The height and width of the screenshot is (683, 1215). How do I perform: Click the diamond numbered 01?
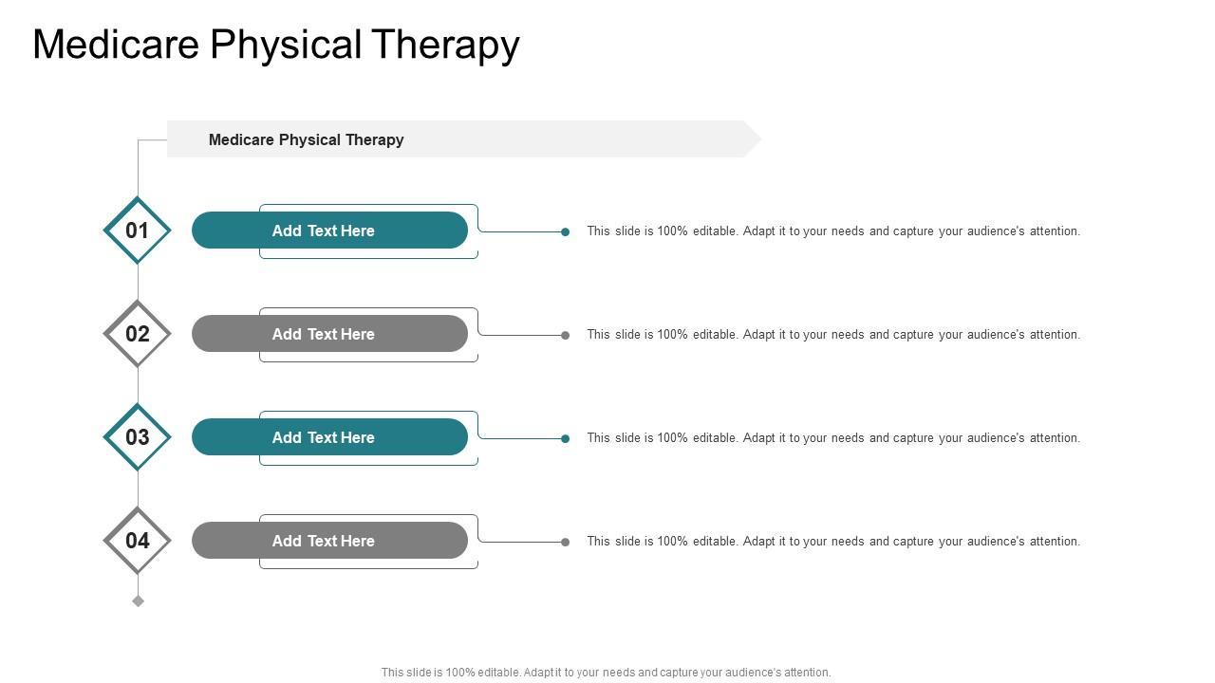(138, 231)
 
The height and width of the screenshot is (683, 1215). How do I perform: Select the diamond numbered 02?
(138, 334)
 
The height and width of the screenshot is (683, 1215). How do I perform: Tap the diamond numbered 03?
(138, 437)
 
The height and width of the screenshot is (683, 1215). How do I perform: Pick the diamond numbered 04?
(138, 541)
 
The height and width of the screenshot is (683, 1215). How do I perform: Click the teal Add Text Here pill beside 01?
(329, 231)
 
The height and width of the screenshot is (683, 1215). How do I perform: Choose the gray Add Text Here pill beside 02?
(329, 334)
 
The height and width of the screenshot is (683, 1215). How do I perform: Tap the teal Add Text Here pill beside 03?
(329, 437)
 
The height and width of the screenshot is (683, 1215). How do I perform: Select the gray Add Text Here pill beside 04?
(329, 541)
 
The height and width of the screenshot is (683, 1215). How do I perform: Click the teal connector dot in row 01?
(565, 231)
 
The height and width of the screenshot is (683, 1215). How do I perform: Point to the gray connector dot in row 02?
(565, 335)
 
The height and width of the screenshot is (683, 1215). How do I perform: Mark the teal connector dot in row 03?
(565, 438)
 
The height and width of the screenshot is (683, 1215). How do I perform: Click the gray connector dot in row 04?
(565, 542)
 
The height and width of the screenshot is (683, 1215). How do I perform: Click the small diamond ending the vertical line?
(138, 600)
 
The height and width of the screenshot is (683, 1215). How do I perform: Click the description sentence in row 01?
(833, 231)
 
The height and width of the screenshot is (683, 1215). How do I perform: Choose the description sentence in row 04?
(833, 541)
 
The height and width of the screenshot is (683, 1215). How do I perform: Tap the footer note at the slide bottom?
(606, 673)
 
